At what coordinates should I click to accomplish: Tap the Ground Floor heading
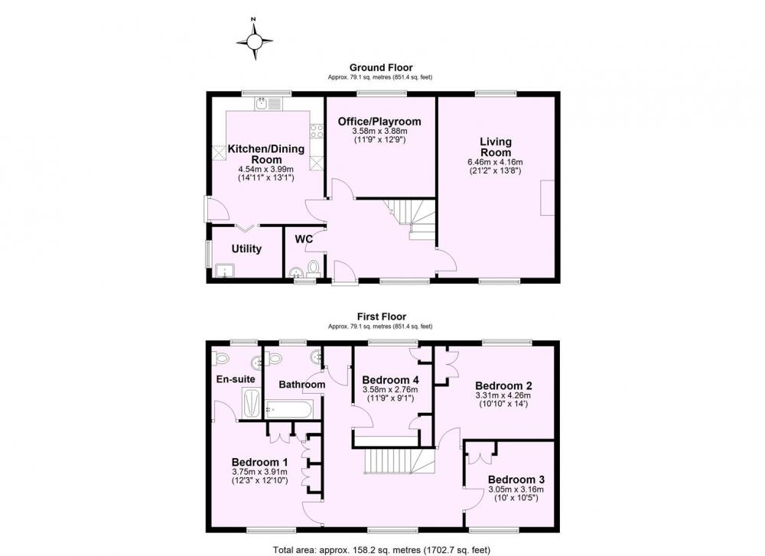pos(381,68)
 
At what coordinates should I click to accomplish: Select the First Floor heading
pos(382,317)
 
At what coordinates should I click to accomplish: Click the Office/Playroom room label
pos(379,122)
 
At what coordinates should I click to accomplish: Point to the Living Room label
pos(496,147)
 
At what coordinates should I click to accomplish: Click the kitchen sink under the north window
pos(267,104)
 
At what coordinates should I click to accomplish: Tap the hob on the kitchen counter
pos(316,132)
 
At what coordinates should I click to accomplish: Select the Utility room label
pos(246,249)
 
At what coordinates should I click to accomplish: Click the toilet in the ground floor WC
pos(313,268)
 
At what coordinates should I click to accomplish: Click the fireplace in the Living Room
pos(548,197)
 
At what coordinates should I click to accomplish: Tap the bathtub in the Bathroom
pos(288,409)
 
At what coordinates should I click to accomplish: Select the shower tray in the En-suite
pos(251,403)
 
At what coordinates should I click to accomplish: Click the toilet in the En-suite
pos(221,359)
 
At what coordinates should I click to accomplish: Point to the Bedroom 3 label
pos(516,480)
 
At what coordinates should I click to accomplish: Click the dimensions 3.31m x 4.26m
pos(503,395)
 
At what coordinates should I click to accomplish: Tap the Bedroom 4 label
pos(390,380)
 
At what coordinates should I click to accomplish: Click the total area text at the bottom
pos(382,550)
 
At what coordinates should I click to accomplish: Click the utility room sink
pos(225,271)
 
